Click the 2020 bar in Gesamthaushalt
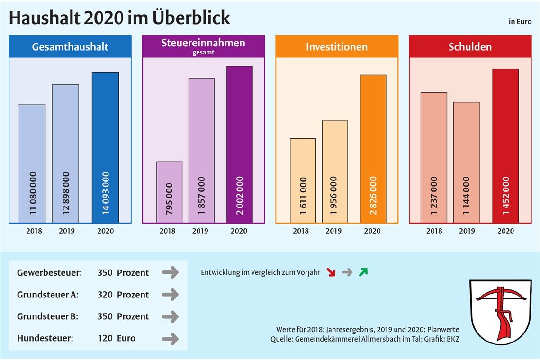click(x=105, y=147)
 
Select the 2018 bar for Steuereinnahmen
click(x=169, y=192)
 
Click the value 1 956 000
click(x=334, y=196)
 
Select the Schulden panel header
click(x=470, y=46)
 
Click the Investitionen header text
click(x=336, y=47)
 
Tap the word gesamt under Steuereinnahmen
click(x=203, y=53)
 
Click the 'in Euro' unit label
click(x=520, y=21)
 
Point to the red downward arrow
click(x=331, y=272)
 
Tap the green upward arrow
click(x=363, y=272)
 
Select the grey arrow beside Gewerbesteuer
click(x=170, y=272)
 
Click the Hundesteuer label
click(x=45, y=338)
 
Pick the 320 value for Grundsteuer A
click(x=105, y=295)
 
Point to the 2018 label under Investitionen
click(x=301, y=231)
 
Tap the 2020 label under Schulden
click(x=505, y=231)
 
